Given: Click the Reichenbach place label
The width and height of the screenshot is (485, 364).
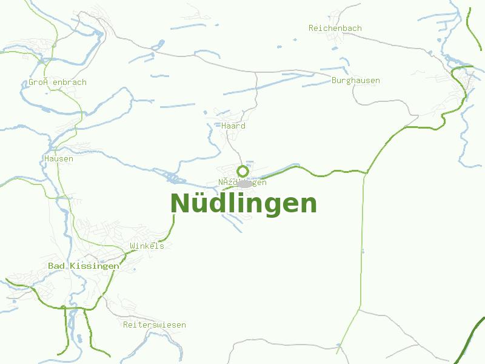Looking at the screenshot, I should [335, 29].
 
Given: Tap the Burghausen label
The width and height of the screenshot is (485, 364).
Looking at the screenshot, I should [356, 81].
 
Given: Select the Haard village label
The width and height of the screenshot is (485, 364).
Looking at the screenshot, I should [233, 126].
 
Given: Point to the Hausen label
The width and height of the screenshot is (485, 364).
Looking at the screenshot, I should [59, 159].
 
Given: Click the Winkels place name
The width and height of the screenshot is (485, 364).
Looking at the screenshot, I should [147, 246].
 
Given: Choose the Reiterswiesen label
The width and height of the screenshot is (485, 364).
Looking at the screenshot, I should [154, 325].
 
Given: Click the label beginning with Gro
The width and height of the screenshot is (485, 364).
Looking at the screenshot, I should [58, 83].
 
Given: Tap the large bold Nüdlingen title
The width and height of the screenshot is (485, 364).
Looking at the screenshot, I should [244, 204].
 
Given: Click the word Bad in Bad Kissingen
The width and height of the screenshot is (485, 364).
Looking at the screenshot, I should [56, 266].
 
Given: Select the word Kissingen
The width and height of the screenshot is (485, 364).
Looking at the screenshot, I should [95, 266].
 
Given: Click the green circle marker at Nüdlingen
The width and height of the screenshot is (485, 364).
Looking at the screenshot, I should [242, 171].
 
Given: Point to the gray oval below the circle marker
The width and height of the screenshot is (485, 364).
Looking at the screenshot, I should [245, 184].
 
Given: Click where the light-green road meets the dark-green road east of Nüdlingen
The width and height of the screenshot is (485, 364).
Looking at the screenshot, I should [366, 173].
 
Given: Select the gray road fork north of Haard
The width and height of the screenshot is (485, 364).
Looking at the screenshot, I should [256, 72].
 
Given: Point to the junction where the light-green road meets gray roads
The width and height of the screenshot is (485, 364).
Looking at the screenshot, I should [359, 310].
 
